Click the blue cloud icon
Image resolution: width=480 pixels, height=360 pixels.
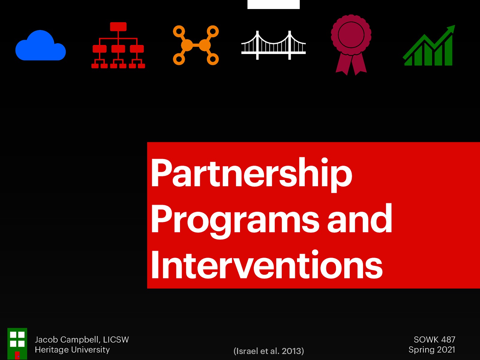40,46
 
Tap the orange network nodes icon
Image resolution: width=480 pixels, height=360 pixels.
196,45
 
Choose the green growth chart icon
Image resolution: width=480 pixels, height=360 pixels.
429,46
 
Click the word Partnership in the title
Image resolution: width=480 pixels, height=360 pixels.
251,173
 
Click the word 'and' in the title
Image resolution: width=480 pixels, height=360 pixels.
359,219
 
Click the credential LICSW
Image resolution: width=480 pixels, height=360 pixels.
116,340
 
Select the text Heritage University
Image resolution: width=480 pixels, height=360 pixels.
72,350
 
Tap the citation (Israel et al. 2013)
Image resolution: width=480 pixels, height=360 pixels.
268,351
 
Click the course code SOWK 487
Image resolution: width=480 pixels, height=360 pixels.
434,340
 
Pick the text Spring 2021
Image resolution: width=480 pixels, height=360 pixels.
432,350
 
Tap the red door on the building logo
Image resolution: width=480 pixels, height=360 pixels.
17,355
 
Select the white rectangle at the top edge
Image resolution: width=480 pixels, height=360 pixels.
273,4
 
